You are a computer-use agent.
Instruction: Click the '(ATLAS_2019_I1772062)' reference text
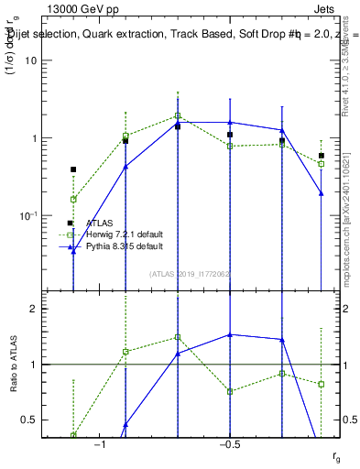[190, 273]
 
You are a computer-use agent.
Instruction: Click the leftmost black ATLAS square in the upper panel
[73, 169]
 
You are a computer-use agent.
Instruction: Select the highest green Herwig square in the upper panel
[178, 116]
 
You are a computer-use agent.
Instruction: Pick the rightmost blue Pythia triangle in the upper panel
[322, 193]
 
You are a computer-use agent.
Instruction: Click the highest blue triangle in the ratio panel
[230, 334]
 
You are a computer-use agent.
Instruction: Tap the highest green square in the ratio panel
[178, 337]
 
